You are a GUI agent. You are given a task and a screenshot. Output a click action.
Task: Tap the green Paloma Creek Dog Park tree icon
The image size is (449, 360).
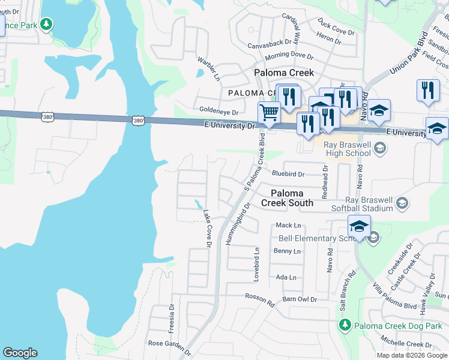pos(345,325)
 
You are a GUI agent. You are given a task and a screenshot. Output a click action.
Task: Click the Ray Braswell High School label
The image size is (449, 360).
pos(347,149)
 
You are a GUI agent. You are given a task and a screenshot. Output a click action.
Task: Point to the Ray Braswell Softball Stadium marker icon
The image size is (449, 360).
pos(402,204)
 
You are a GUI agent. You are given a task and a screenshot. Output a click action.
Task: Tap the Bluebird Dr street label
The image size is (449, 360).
pos(288,174)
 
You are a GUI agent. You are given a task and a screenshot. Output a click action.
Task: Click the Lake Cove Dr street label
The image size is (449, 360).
pos(207,228)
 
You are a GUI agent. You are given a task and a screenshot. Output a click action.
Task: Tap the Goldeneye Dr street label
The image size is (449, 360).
pos(218,112)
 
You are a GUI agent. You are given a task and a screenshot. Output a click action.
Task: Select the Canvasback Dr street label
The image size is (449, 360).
pos(273,43)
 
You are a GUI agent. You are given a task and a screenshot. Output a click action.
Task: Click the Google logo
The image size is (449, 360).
pos(20,353)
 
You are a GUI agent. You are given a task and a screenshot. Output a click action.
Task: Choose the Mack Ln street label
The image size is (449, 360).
pos(288,225)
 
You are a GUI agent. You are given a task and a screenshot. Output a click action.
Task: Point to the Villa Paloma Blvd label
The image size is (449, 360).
pos(394,297)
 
